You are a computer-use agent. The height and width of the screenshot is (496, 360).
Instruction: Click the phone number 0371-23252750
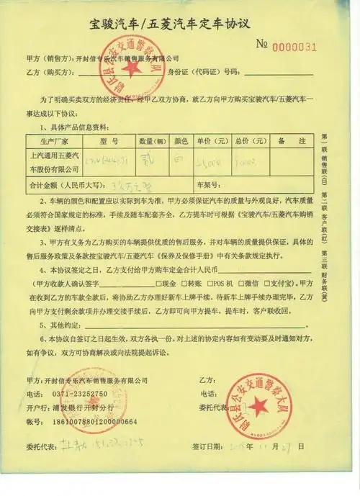point(80,394)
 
